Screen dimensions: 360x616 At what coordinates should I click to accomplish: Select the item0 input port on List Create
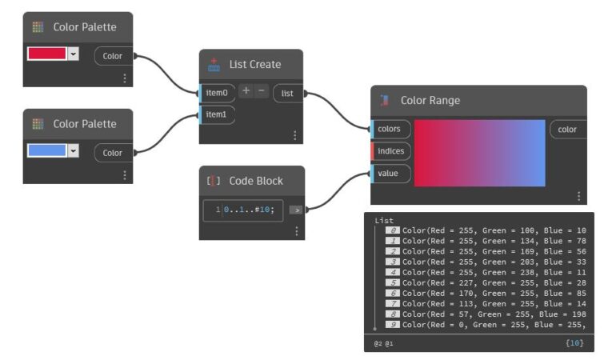[217, 92]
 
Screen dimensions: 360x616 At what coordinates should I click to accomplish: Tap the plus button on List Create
[246, 91]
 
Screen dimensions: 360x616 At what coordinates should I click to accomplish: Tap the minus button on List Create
[262, 91]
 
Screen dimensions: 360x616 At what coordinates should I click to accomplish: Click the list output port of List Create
[287, 94]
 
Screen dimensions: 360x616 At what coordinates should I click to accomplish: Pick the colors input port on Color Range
[390, 130]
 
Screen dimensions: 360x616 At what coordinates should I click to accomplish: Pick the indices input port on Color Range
[390, 151]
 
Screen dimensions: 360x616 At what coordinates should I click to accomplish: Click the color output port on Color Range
[567, 130]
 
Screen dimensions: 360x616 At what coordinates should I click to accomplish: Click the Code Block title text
[256, 181]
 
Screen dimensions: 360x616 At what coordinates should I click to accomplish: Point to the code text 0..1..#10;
[249, 210]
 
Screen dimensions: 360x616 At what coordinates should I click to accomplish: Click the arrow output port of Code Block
[295, 210]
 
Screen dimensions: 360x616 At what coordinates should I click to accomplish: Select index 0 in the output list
[393, 230]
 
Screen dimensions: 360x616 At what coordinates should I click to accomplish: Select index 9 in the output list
[393, 324]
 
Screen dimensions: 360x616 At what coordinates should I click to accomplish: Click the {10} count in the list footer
[574, 343]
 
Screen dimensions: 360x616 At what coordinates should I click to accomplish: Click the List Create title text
[254, 64]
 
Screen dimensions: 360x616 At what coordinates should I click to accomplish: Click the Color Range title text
[430, 101]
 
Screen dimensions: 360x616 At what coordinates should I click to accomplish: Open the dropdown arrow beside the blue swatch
[74, 150]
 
